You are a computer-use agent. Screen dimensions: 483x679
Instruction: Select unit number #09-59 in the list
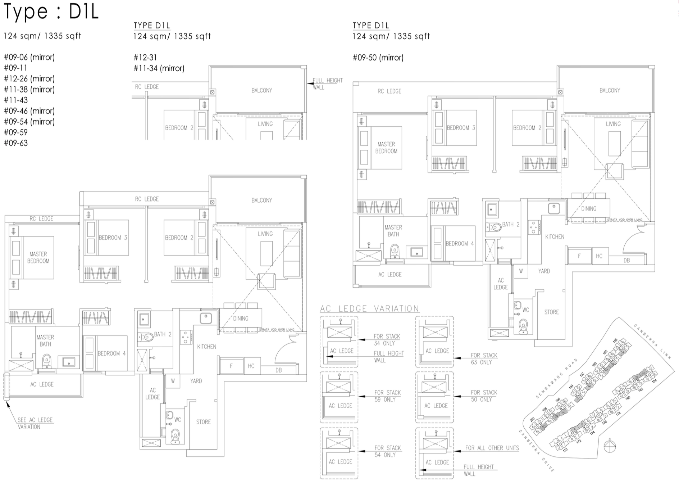[x=16, y=132]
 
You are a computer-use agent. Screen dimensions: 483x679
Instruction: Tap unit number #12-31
[x=145, y=57]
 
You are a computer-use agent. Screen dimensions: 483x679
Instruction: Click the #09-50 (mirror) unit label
[x=378, y=57]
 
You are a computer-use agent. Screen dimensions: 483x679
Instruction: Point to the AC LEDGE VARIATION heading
[x=369, y=308]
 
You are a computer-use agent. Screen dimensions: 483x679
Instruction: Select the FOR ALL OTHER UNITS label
[x=492, y=448]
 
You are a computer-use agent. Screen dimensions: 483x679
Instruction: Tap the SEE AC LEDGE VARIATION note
[x=35, y=423]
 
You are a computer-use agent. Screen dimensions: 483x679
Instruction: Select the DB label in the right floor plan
[x=626, y=260]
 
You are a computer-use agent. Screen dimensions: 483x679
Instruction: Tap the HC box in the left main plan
[x=251, y=366]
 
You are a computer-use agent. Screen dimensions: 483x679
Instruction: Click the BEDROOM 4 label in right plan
[x=459, y=244]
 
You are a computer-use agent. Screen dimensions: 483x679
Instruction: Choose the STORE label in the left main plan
[x=203, y=422]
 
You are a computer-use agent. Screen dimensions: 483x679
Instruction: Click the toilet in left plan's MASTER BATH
[x=46, y=360]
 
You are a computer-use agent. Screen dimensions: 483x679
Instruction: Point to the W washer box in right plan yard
[x=520, y=271]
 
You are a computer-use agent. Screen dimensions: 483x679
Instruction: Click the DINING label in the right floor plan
[x=588, y=208]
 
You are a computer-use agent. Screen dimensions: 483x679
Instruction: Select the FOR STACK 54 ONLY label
[x=387, y=451]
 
